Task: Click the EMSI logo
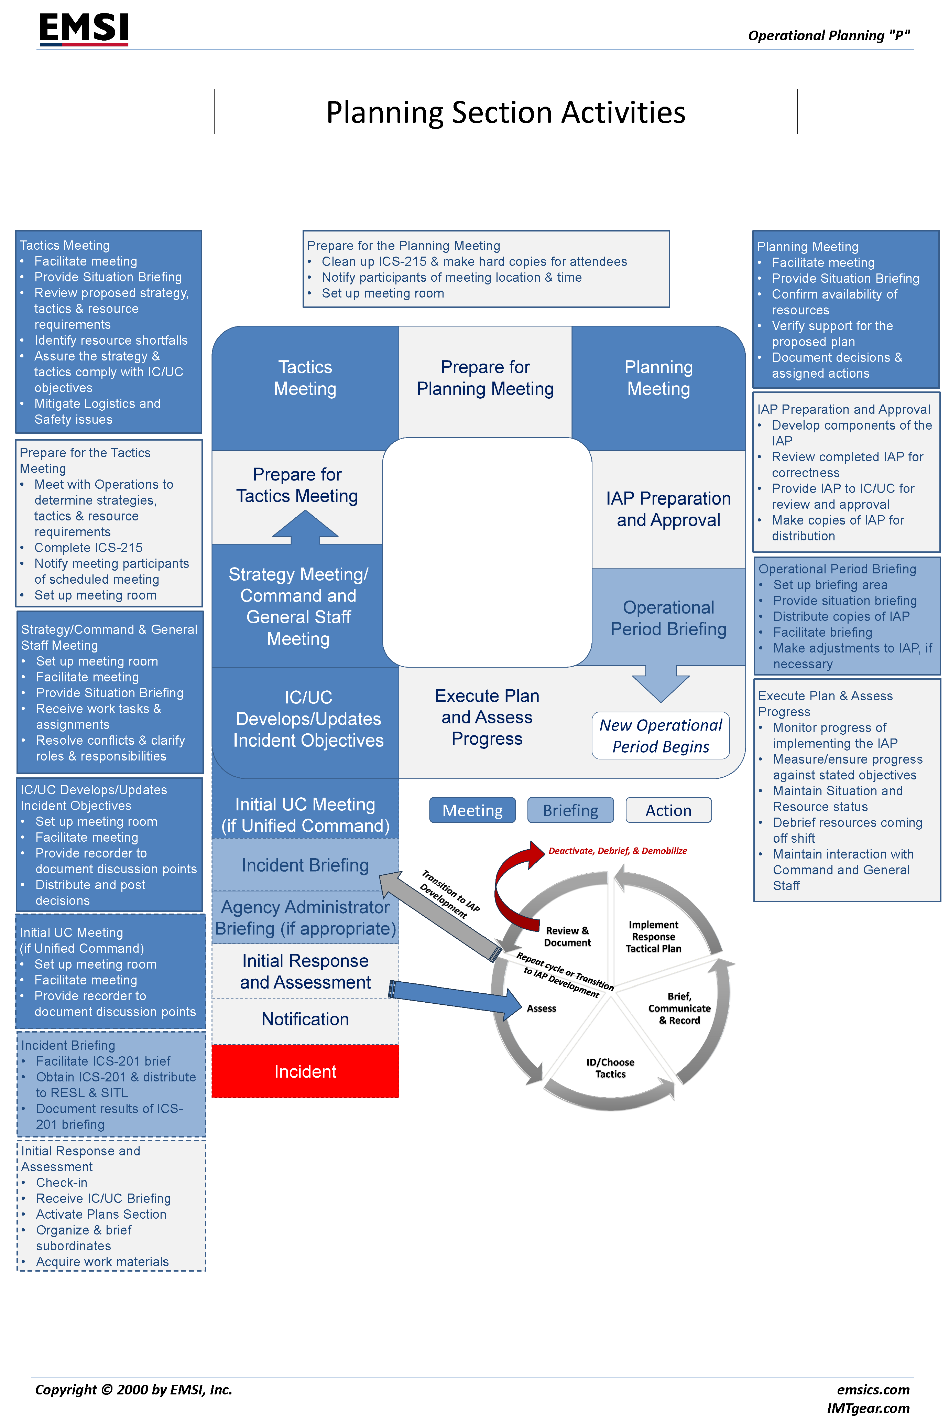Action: coord(84,29)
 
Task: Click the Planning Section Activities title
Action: coord(505,112)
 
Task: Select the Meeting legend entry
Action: coord(472,810)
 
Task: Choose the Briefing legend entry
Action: coord(570,810)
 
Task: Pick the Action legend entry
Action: coord(668,810)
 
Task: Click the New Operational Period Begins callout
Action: coord(660,736)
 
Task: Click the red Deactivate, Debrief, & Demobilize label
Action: coord(617,851)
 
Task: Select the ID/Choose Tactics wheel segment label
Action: coord(610,1068)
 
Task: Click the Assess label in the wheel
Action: coord(541,1008)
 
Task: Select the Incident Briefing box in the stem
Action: coord(305,865)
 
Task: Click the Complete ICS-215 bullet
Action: coord(88,547)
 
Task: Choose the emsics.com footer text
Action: coord(873,1390)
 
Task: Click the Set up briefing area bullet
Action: coord(830,585)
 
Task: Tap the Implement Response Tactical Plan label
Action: coord(653,937)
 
